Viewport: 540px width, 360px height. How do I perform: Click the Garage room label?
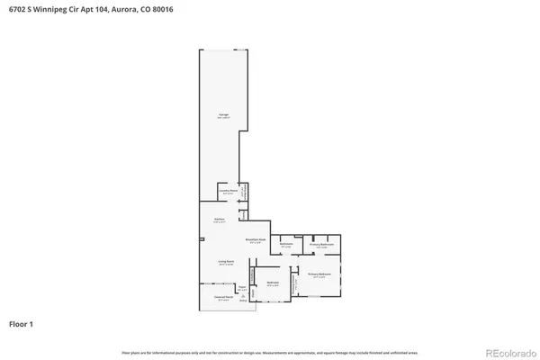(222, 116)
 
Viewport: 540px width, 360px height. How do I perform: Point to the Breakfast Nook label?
(256, 240)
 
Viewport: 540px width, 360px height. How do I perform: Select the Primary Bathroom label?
(322, 245)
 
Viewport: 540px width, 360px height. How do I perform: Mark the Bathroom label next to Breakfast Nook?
(286, 245)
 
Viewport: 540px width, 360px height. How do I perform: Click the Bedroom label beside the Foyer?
(272, 284)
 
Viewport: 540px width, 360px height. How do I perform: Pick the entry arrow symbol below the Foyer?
(242, 296)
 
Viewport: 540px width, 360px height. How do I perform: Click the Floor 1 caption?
(22, 322)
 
